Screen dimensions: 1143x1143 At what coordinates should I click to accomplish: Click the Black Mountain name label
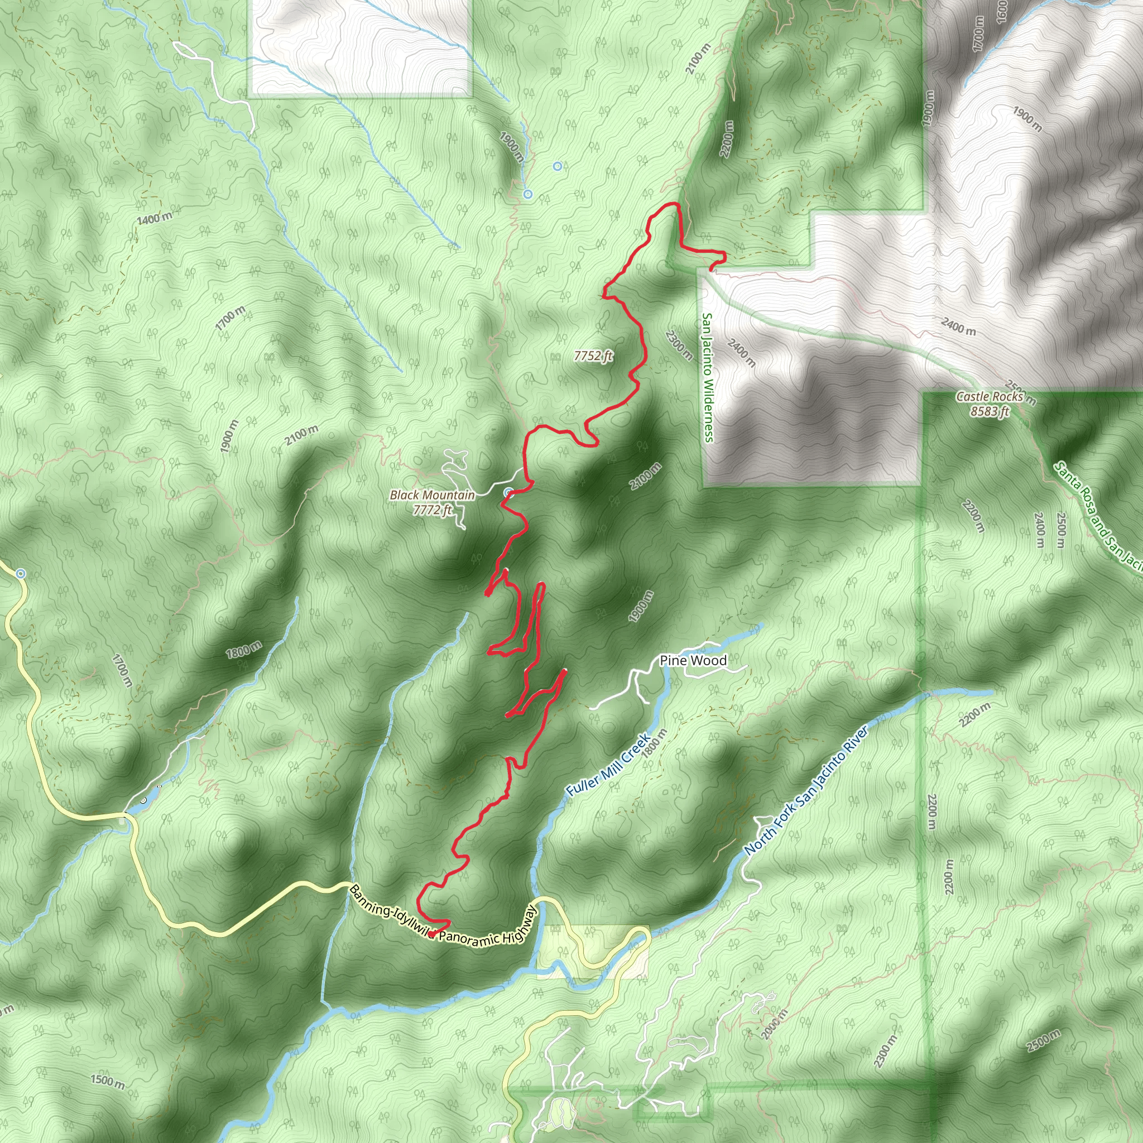pos(432,495)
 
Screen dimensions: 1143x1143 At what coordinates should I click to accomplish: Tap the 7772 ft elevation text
pos(433,510)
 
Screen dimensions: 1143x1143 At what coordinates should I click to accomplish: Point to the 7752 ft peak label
pos(593,356)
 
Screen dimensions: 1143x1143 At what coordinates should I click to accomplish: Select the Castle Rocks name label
pos(989,397)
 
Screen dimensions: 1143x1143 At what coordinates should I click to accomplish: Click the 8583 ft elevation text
pos(989,411)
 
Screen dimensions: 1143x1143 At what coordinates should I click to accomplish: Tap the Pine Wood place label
pos(693,660)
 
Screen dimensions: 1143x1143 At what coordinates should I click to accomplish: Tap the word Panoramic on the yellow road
pos(467,937)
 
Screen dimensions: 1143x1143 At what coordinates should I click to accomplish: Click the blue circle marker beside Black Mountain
pos(508,492)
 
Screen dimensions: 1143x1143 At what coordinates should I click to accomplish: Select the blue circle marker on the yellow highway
pos(21,573)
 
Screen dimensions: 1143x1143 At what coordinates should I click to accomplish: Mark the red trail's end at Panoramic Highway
pos(431,934)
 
